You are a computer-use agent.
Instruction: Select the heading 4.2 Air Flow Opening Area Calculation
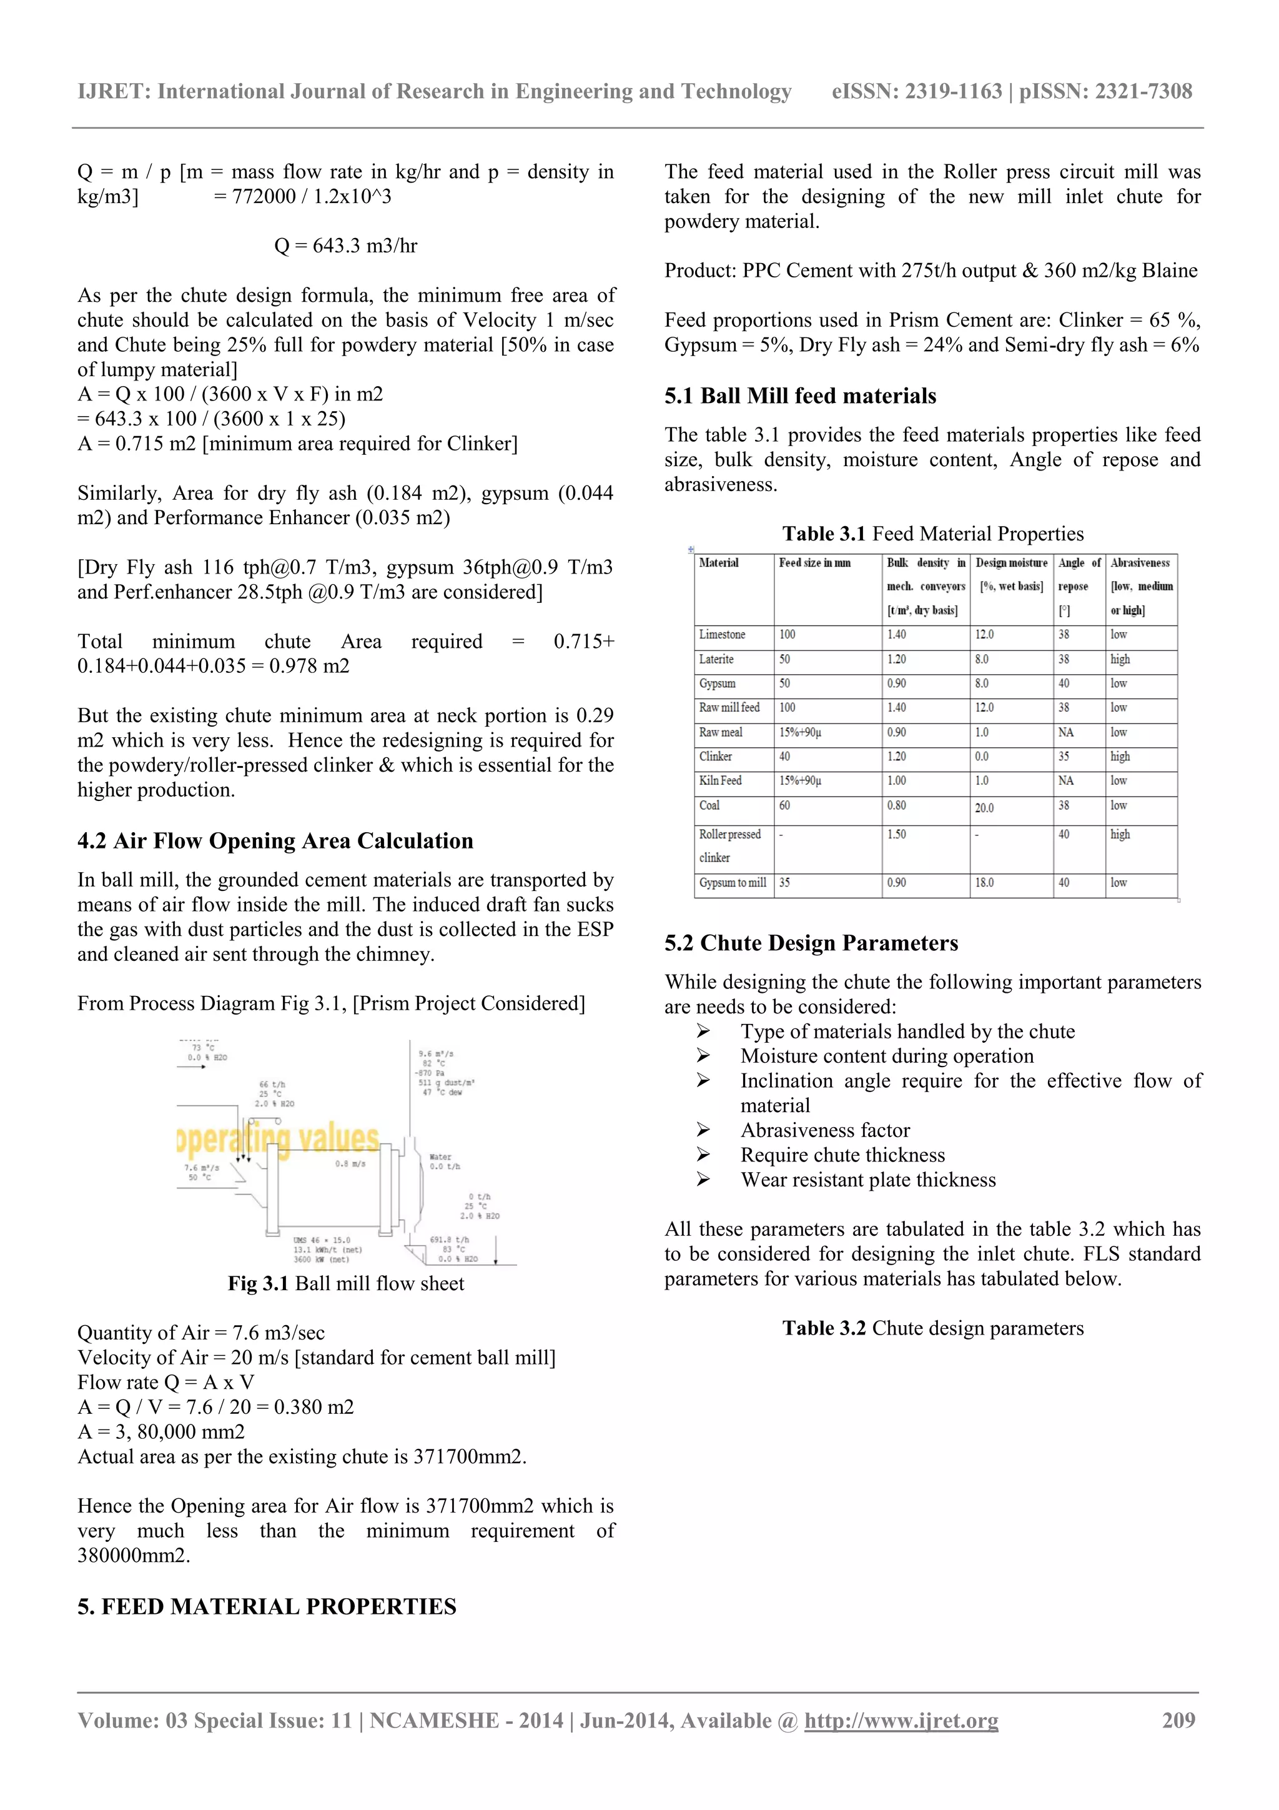tap(275, 840)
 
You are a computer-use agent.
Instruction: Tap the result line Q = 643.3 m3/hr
tap(345, 246)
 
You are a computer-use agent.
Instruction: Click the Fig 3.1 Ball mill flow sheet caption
tap(345, 1283)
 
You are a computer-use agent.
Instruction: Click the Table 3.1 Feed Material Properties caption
tap(932, 534)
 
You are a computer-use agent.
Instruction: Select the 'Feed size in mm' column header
tap(814, 563)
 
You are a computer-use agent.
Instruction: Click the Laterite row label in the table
tap(716, 659)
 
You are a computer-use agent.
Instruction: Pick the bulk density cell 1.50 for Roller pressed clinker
tap(896, 834)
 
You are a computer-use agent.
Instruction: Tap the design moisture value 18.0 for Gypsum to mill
tap(984, 883)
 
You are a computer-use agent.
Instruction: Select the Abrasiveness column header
tap(1140, 563)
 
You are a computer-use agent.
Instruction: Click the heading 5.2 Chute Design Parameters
tap(811, 943)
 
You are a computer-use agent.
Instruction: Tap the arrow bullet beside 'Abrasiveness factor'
tap(703, 1130)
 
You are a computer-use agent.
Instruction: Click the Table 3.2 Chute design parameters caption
tap(932, 1328)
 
